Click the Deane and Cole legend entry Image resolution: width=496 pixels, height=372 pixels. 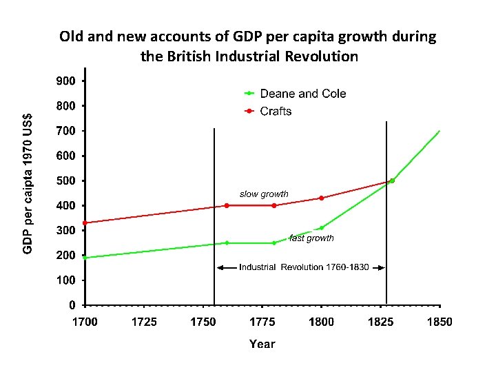[302, 94]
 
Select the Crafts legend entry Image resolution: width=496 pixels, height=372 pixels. [276, 112]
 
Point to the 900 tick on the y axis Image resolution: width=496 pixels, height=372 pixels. [66, 81]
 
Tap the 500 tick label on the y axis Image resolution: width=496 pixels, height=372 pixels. [66, 180]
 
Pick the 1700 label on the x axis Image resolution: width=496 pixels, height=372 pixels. [85, 322]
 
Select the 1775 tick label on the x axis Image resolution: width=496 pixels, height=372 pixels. [262, 322]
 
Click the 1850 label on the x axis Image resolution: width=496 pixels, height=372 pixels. [440, 322]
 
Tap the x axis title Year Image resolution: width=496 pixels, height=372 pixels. [262, 344]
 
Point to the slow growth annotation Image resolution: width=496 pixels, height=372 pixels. [264, 194]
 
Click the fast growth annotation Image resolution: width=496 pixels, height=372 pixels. [311, 238]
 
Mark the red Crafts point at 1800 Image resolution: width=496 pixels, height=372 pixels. [321, 198]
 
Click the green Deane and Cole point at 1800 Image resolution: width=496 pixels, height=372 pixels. [321, 228]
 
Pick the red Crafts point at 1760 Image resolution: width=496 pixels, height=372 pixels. [227, 205]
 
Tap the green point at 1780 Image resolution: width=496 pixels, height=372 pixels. [274, 243]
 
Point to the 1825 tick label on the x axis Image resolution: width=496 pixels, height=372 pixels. [380, 322]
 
